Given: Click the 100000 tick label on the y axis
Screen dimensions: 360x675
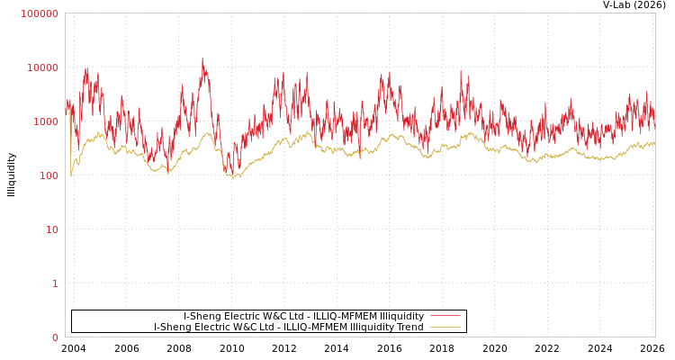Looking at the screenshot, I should point(40,13).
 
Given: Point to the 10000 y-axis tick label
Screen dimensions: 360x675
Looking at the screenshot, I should point(42,67).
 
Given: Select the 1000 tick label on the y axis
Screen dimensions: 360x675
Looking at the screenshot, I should point(45,121).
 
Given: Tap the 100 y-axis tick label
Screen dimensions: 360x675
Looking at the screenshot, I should point(48,175).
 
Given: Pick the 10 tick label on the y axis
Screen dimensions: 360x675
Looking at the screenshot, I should point(51,229).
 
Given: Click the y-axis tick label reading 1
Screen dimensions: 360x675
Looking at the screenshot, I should point(54,283).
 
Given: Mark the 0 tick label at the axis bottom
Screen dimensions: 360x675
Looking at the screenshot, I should point(54,337).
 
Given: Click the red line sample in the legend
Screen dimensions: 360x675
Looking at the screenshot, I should point(445,316).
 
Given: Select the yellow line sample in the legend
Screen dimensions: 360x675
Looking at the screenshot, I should point(445,327).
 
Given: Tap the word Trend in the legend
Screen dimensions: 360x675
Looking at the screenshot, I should point(409,327).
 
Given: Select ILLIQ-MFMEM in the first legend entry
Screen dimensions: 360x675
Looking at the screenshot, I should point(341,316).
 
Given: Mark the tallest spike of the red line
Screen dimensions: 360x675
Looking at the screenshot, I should point(202,59).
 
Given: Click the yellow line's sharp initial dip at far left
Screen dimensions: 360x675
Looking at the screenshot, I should point(71,175).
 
